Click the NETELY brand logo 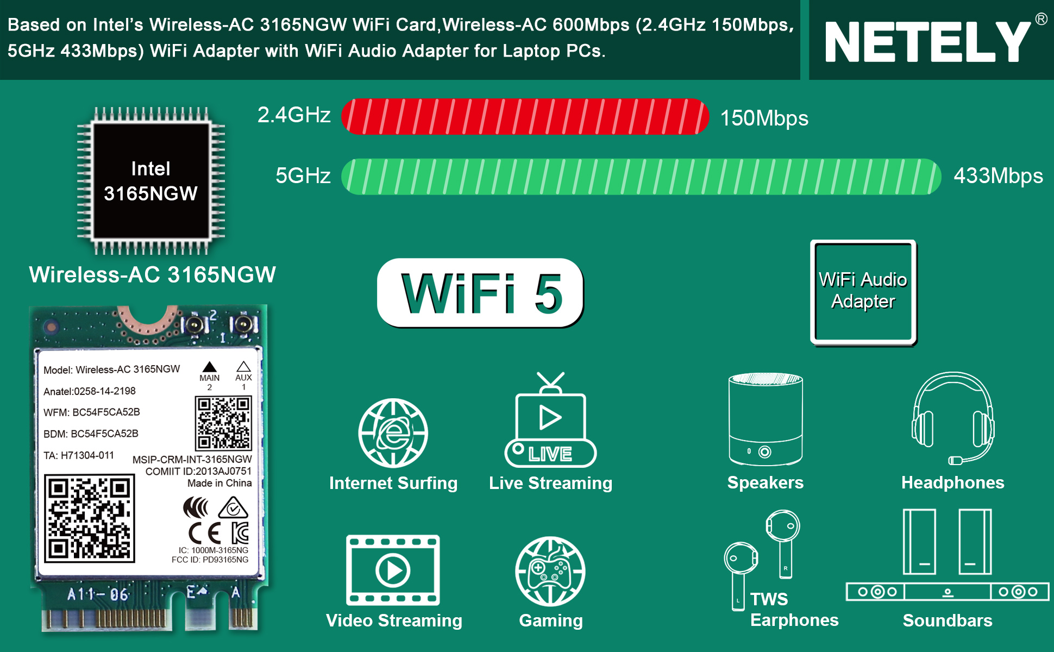pos(928,42)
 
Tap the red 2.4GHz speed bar pos(525,116)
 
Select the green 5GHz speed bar pos(641,177)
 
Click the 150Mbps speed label pos(764,118)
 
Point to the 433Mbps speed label pos(998,176)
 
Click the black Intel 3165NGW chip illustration pos(151,181)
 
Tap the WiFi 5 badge pos(480,293)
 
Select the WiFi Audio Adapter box pos(863,292)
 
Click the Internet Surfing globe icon pos(393,433)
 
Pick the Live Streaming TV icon pos(550,419)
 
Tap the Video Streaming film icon pos(393,570)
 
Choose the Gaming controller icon pos(550,571)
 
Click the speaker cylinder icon pos(766,419)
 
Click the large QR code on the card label pos(90,518)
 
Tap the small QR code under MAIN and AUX pos(223,423)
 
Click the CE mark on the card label pos(205,533)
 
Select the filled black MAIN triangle pos(210,367)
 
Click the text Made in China pos(219,483)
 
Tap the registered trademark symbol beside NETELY pos(1041,19)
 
